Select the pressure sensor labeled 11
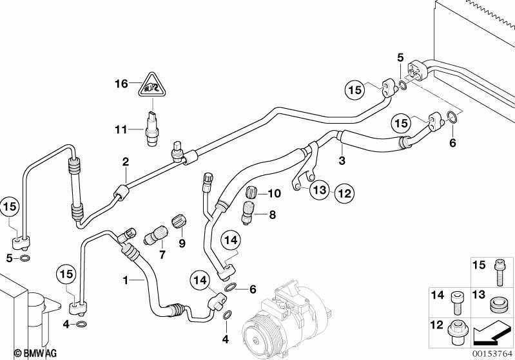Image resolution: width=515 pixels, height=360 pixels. click(x=151, y=128)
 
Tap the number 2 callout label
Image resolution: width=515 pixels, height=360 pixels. click(x=126, y=162)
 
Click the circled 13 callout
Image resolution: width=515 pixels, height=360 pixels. click(x=320, y=190)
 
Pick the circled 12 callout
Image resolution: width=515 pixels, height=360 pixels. click(x=345, y=193)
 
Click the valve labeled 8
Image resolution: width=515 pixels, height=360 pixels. click(x=248, y=213)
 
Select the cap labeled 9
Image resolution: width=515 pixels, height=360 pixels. click(x=179, y=221)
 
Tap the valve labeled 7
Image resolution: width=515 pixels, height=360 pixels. click(x=157, y=234)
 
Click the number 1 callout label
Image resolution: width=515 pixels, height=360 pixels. click(x=125, y=281)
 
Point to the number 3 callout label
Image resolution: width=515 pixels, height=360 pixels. click(x=342, y=161)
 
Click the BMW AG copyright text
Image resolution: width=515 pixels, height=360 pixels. click(x=35, y=353)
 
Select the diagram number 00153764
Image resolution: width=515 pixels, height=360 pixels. click(x=492, y=354)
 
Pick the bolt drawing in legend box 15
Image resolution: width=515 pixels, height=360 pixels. click(x=500, y=272)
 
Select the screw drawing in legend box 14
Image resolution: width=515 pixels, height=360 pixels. click(x=455, y=302)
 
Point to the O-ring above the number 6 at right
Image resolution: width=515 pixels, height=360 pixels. click(x=452, y=117)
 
